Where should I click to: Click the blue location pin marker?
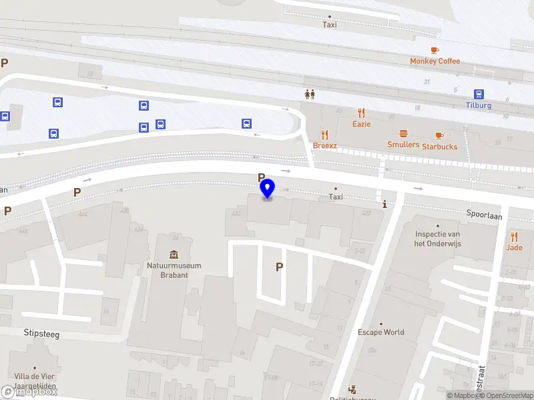coord(267,189)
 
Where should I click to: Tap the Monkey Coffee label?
coord(435,61)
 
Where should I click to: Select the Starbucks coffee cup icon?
coord(439,135)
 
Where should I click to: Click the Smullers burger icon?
coord(403,134)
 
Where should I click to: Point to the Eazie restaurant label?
coord(361,124)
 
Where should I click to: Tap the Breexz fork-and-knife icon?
coord(325,135)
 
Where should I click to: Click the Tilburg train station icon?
coord(479,94)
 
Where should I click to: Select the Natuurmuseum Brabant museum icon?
coord(174,254)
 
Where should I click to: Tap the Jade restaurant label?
coord(514,247)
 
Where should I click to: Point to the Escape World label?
coord(380,332)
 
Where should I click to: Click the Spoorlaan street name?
coord(485,216)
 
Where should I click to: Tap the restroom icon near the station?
coord(308,94)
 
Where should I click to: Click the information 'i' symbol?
coord(384,205)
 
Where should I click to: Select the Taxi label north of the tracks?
coord(330,25)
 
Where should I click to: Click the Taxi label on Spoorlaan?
coord(336,197)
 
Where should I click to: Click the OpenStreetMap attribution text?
coord(506,396)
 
